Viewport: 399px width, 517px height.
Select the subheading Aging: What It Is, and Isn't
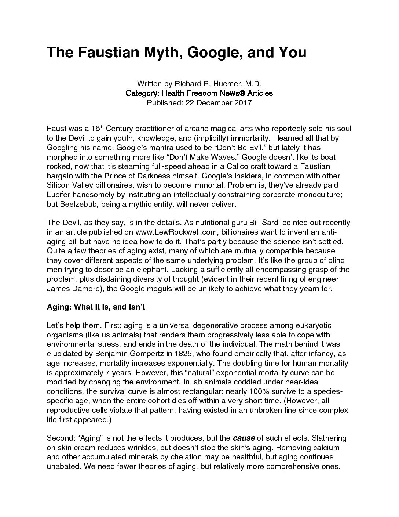(96, 307)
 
